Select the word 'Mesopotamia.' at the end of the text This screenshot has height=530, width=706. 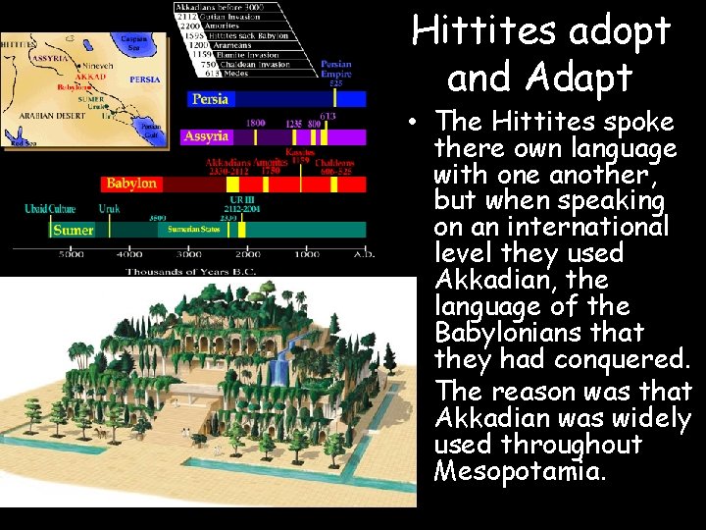[520, 471]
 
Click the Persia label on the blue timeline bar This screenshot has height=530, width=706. [212, 99]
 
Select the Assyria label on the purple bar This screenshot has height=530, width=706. [206, 136]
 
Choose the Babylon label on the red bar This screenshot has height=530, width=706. [131, 184]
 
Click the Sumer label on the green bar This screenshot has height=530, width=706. [74, 230]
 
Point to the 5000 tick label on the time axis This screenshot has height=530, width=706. [71, 254]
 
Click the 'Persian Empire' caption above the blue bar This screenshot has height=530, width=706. [335, 70]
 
